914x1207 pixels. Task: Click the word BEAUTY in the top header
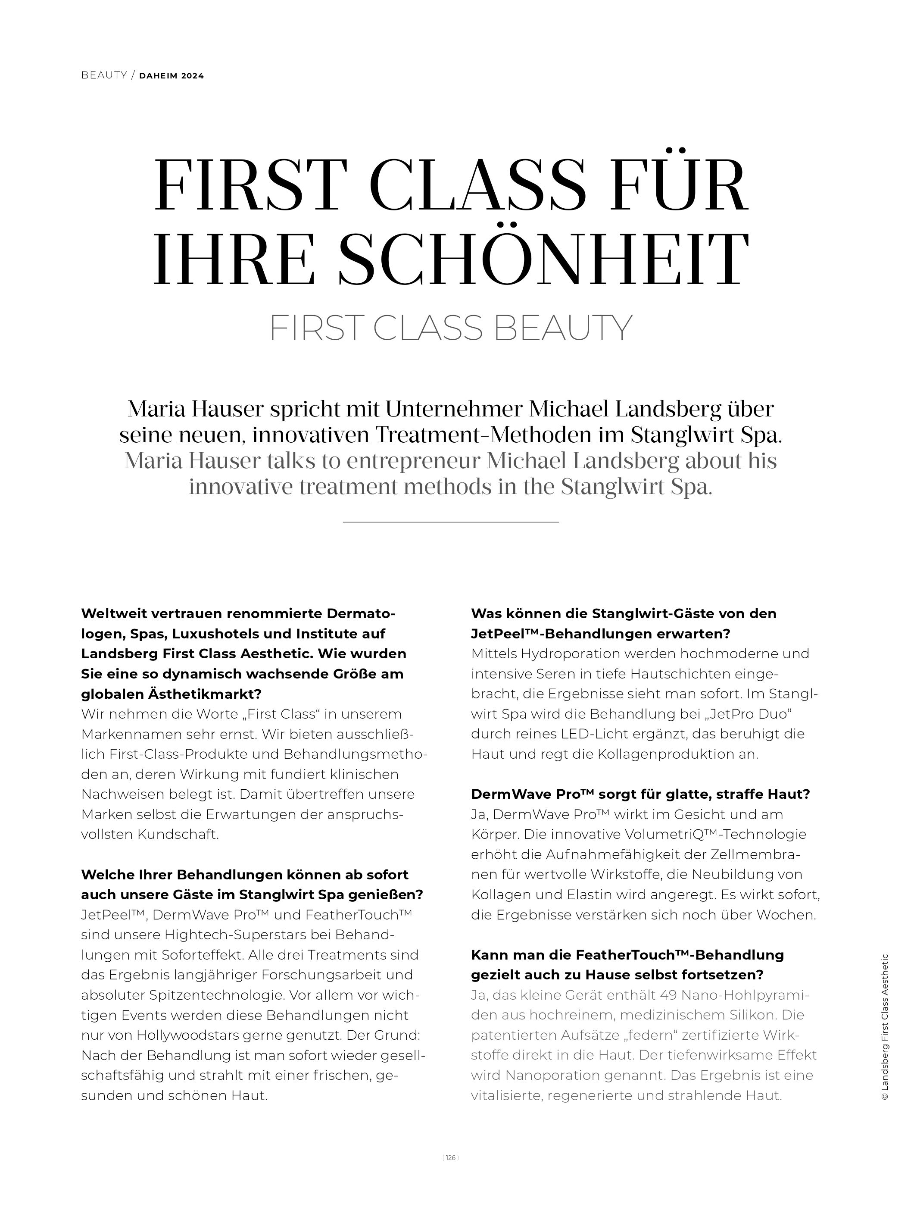(103, 75)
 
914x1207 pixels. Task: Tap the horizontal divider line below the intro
(450, 522)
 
